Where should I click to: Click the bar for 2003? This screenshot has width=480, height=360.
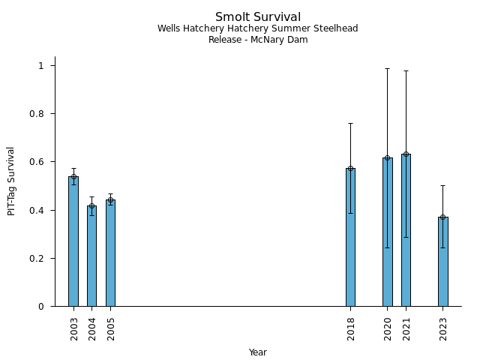click(x=73, y=241)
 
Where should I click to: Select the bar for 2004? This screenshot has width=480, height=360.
click(x=91, y=256)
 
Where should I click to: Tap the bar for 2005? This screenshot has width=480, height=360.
click(x=110, y=253)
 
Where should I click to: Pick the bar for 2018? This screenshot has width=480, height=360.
click(x=350, y=237)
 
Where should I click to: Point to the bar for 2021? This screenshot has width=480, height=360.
click(x=406, y=230)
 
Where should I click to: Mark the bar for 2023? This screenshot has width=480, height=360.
click(x=442, y=262)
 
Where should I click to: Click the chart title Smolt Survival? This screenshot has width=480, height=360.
click(x=258, y=17)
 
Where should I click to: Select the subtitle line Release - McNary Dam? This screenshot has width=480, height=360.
click(x=258, y=40)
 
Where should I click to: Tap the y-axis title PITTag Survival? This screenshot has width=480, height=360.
click(x=11, y=181)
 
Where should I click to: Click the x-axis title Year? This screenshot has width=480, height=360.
click(x=258, y=352)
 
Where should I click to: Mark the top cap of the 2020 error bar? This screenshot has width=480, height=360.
click(x=387, y=68)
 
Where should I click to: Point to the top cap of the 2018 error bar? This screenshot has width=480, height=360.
click(x=350, y=123)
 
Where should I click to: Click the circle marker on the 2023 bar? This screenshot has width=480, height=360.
click(x=442, y=217)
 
